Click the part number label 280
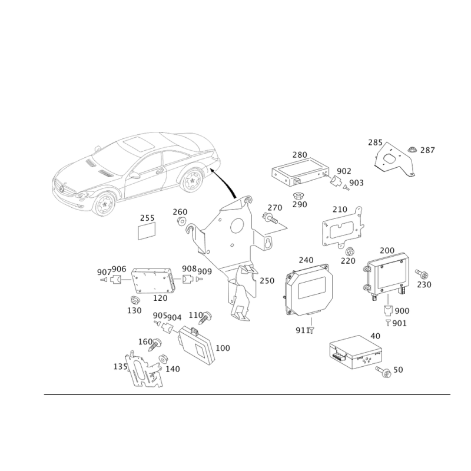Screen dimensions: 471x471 point(300,155)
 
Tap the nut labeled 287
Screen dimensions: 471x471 point(412,149)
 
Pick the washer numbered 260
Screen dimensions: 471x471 point(182,222)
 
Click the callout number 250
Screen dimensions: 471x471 point(267,281)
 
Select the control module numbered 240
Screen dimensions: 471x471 point(309,290)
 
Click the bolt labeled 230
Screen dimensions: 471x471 point(422,274)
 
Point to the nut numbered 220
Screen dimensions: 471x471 point(350,251)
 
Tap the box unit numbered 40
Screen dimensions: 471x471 point(356,352)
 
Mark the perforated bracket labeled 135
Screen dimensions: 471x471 point(145,370)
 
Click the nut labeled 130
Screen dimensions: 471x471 point(134,300)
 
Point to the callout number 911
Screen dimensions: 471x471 point(303,330)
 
